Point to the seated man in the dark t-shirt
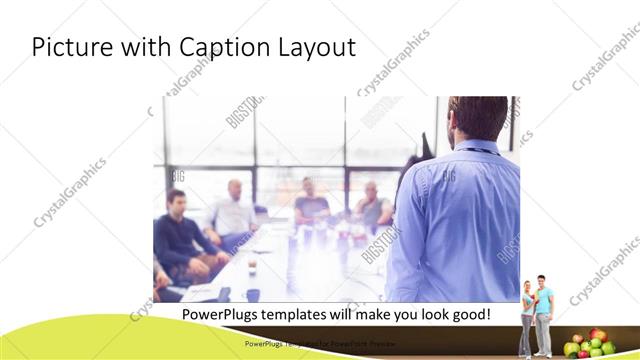coord(313,204)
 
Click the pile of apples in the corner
coord(589,344)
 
